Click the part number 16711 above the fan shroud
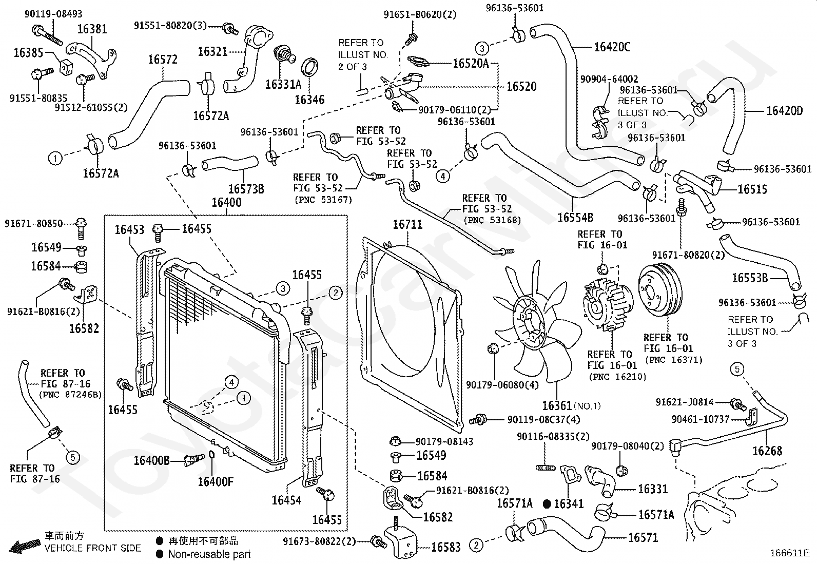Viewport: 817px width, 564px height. [x=407, y=224]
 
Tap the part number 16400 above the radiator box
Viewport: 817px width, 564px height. [x=226, y=202]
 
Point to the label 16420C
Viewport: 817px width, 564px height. [x=612, y=47]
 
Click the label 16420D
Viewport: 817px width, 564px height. [x=784, y=111]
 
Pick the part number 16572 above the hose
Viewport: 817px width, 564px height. [x=163, y=60]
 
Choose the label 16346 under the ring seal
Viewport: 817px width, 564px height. [x=309, y=100]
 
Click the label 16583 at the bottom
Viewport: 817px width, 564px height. [x=445, y=547]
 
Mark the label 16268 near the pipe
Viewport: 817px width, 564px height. [x=767, y=451]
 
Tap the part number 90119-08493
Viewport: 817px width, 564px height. [x=53, y=14]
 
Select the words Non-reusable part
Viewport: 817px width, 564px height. [x=209, y=554]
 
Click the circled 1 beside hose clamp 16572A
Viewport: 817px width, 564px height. [x=55, y=158]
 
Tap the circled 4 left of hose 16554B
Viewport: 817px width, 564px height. [x=443, y=176]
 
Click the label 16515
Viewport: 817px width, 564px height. [x=752, y=189]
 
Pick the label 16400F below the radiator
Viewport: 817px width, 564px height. [x=216, y=481]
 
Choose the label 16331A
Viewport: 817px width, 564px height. [x=283, y=84]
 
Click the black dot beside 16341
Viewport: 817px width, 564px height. [x=547, y=504]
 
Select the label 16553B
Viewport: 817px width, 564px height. [x=750, y=278]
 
